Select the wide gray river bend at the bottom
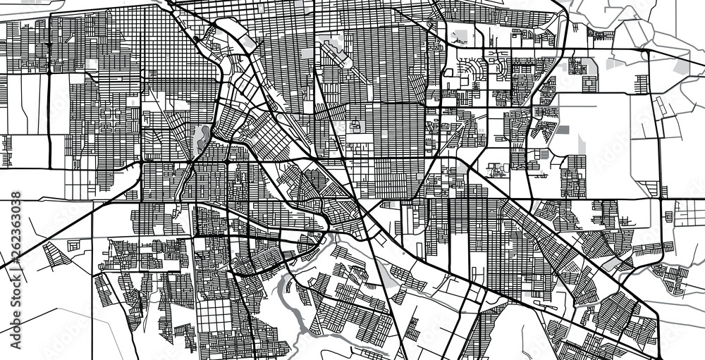(289, 296)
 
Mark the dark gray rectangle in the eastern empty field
(563, 130)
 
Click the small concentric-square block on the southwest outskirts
(73, 245)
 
